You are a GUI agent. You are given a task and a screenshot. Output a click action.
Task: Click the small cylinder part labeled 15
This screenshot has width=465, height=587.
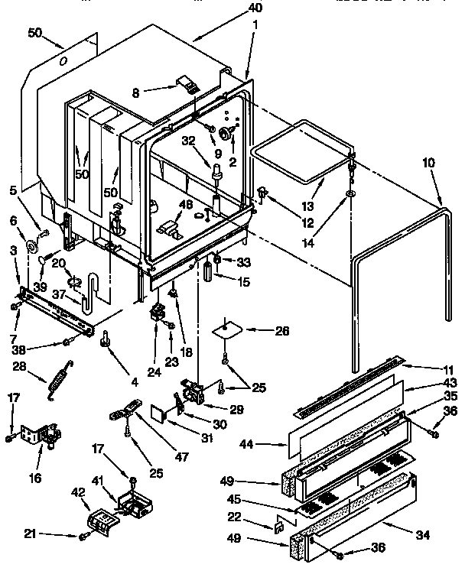207,271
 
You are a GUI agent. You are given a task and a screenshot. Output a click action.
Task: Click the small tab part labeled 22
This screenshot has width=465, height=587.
280,526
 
